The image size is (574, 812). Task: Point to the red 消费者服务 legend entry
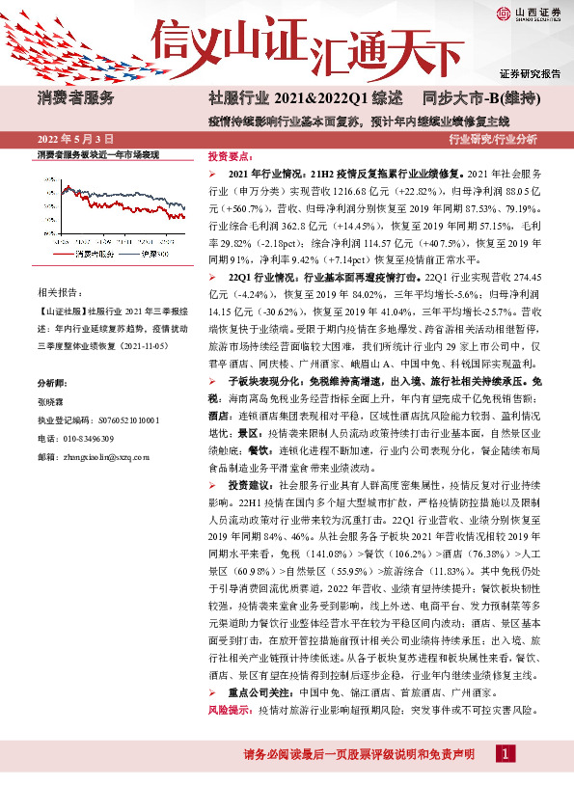pyautogui.click(x=96, y=254)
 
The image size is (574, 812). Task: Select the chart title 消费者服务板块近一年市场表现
pyautogui.click(x=96, y=155)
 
